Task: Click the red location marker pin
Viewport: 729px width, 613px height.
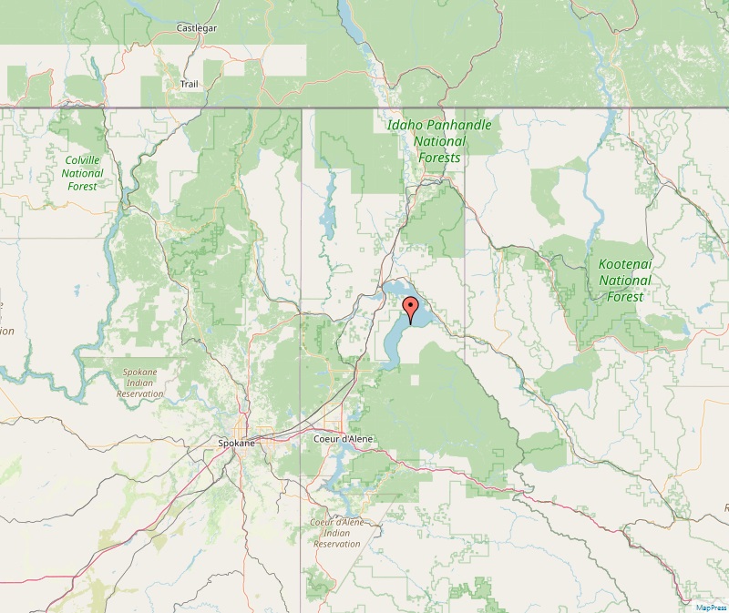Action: (x=410, y=309)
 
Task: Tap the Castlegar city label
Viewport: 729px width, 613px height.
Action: (x=196, y=28)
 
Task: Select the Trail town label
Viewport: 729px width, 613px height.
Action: (x=189, y=84)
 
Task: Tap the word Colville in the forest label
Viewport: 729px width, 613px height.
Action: (x=82, y=159)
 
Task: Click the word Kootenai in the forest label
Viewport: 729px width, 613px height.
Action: (x=625, y=264)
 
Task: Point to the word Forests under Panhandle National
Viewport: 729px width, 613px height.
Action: (x=438, y=158)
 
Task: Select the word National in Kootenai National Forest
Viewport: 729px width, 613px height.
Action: (x=625, y=281)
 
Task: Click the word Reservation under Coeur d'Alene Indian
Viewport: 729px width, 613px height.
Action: (x=336, y=544)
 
